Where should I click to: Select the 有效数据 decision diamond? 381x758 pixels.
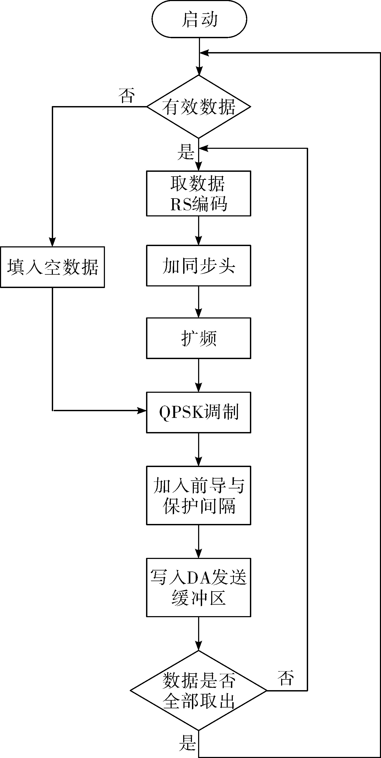pos(199,107)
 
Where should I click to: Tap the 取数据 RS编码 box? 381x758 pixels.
pos(199,193)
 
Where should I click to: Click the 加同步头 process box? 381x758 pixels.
pos(199,265)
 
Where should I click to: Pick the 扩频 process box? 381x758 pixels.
pos(199,338)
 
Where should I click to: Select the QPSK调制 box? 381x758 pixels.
pos(199,412)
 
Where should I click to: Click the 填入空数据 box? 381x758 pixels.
pos(53,267)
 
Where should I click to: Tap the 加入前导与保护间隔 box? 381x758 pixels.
pos(199,495)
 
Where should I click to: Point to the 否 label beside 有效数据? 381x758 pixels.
pos(127,95)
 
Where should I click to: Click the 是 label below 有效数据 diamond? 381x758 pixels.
pos(186,152)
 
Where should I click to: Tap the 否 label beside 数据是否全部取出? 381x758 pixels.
pos(285,678)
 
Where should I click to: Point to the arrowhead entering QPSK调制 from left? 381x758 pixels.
pos(142,410)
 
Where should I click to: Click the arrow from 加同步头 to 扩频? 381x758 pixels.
pos(199,302)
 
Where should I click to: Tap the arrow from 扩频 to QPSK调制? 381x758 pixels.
pos(199,375)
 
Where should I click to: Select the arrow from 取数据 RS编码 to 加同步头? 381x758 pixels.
pos(199,231)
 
